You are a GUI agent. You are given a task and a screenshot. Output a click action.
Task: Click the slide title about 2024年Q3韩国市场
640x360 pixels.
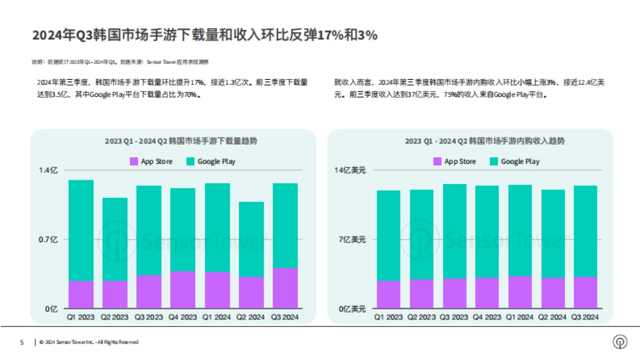click(205, 35)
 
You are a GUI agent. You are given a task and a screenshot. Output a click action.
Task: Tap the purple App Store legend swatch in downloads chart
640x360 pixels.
click(134, 162)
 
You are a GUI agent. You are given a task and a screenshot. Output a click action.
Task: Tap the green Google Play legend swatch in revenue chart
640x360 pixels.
click(493, 162)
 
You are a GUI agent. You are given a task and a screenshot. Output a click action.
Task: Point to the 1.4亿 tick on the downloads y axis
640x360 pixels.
click(47, 171)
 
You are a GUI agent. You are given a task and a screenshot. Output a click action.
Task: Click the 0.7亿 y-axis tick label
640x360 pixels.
click(47, 240)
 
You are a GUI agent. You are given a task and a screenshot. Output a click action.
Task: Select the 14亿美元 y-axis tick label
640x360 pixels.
click(350, 171)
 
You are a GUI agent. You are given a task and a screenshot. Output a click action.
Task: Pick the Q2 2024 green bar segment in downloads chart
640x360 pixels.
click(251, 239)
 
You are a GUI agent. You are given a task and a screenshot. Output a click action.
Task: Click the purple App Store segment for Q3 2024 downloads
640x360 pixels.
click(285, 288)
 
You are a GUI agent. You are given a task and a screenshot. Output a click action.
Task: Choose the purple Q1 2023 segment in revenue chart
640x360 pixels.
click(388, 294)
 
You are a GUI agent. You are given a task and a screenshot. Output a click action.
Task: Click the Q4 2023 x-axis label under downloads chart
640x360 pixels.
click(183, 317)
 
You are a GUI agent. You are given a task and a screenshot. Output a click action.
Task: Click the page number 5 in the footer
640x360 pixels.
click(22, 342)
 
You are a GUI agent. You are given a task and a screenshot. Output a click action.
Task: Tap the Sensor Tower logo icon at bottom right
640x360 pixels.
click(620, 342)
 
